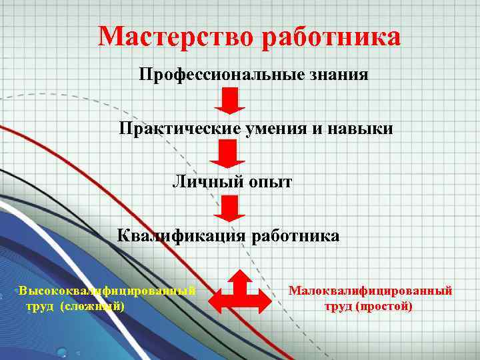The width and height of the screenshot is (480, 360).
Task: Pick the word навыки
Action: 361,128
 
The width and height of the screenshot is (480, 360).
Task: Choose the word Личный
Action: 203,181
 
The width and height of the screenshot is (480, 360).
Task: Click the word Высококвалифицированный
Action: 107,291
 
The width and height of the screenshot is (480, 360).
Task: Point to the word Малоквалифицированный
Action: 370,291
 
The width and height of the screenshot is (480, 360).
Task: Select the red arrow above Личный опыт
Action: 228,155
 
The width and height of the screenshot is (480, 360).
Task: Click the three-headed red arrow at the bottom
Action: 241,292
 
